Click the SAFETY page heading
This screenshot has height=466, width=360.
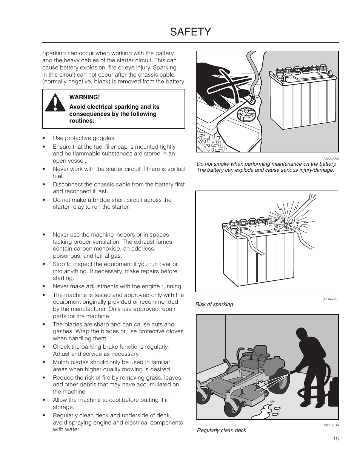(x=190, y=32)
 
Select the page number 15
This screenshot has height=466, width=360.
(x=336, y=438)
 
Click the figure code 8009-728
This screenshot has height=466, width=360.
(x=330, y=299)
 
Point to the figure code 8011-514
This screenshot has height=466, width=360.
(x=331, y=425)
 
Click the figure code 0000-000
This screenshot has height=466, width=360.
(x=331, y=158)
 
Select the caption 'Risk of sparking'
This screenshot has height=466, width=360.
(x=214, y=304)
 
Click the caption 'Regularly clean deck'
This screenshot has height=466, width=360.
(x=221, y=430)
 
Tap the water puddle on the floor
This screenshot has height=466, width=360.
(x=268, y=409)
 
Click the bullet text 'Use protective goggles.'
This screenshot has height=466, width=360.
(x=84, y=138)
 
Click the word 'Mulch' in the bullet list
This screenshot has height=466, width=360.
(x=60, y=362)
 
